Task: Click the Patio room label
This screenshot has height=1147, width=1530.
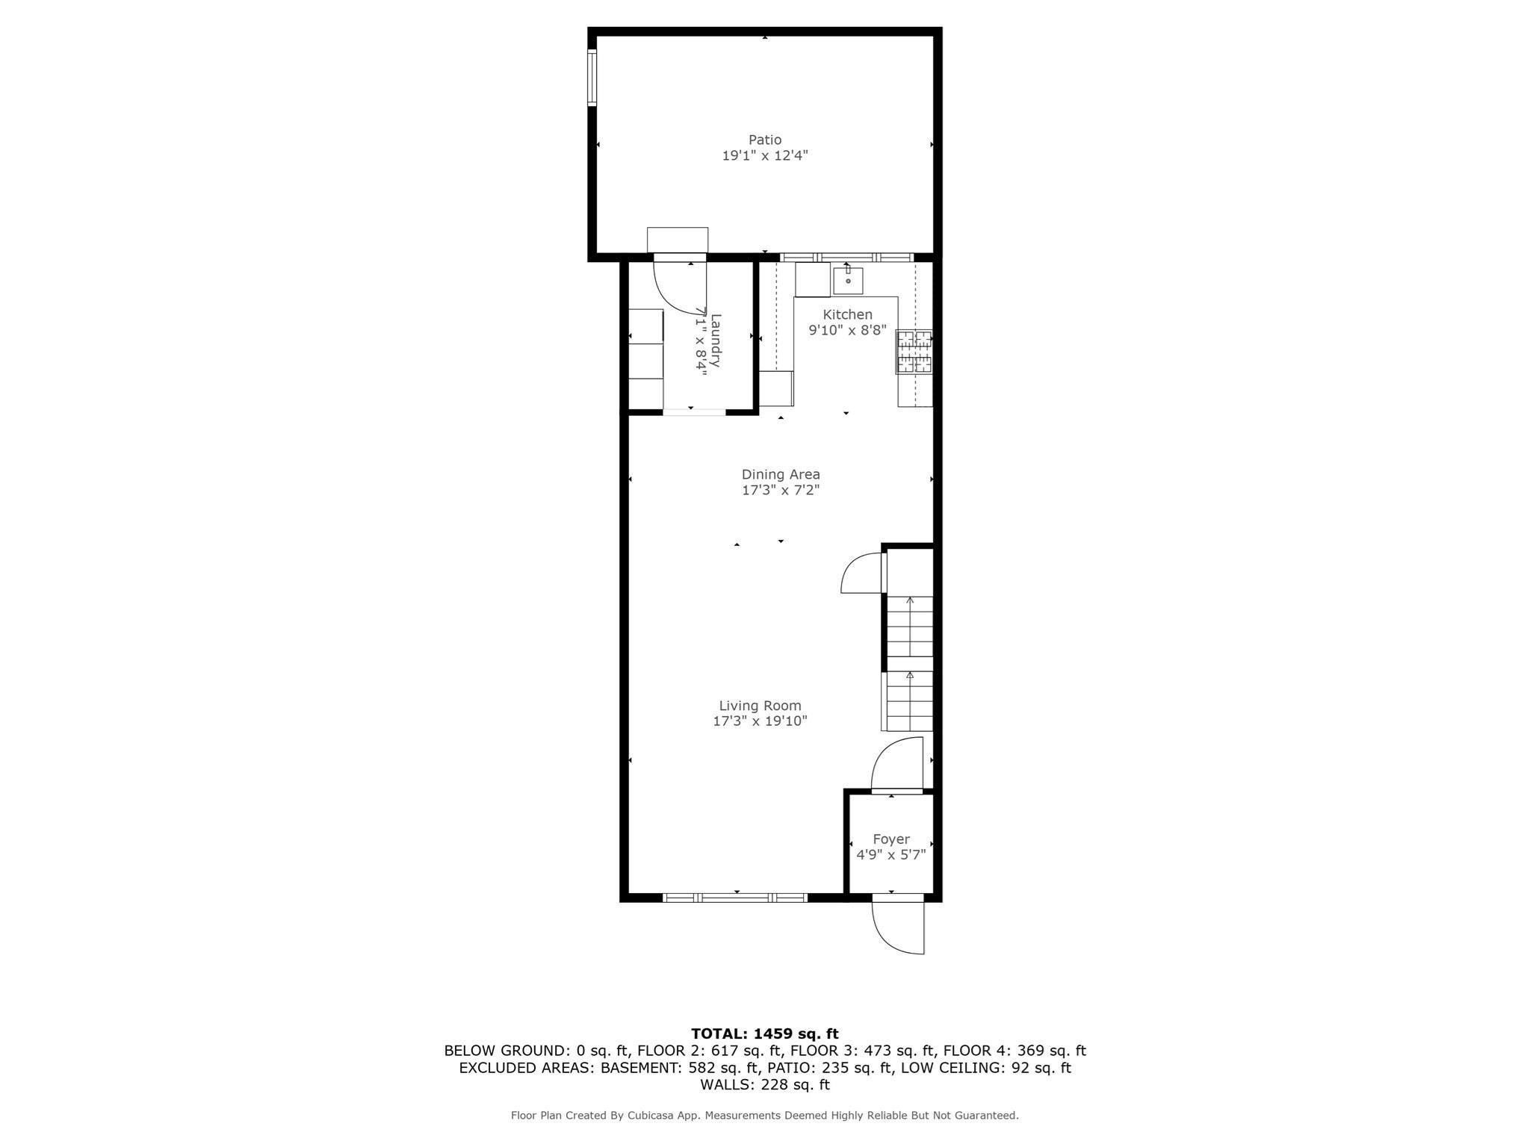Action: click(x=765, y=140)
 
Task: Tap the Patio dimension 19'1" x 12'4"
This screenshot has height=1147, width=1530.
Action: click(x=765, y=156)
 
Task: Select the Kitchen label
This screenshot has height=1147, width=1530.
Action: click(x=847, y=314)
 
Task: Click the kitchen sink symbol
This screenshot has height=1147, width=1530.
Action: click(x=848, y=282)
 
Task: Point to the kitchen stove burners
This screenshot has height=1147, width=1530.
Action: click(x=914, y=351)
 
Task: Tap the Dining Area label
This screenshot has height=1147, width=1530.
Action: click(x=781, y=474)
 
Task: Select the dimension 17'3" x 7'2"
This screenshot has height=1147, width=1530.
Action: click(x=781, y=491)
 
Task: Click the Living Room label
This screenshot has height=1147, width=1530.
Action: click(x=760, y=706)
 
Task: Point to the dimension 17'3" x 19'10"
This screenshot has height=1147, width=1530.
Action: click(x=760, y=721)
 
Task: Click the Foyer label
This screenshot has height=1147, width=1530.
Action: click(x=891, y=839)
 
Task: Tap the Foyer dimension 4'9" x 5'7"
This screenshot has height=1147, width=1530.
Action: click(x=891, y=855)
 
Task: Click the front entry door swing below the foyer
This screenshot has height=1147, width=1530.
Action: click(x=899, y=927)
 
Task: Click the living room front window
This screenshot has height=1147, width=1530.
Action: click(x=736, y=898)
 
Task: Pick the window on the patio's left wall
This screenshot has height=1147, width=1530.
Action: click(x=592, y=77)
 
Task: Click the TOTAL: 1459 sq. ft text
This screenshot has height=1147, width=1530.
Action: click(x=765, y=1034)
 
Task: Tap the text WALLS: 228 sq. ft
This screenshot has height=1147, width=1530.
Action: click(x=765, y=1084)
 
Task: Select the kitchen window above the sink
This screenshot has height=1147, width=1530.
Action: click(x=846, y=258)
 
